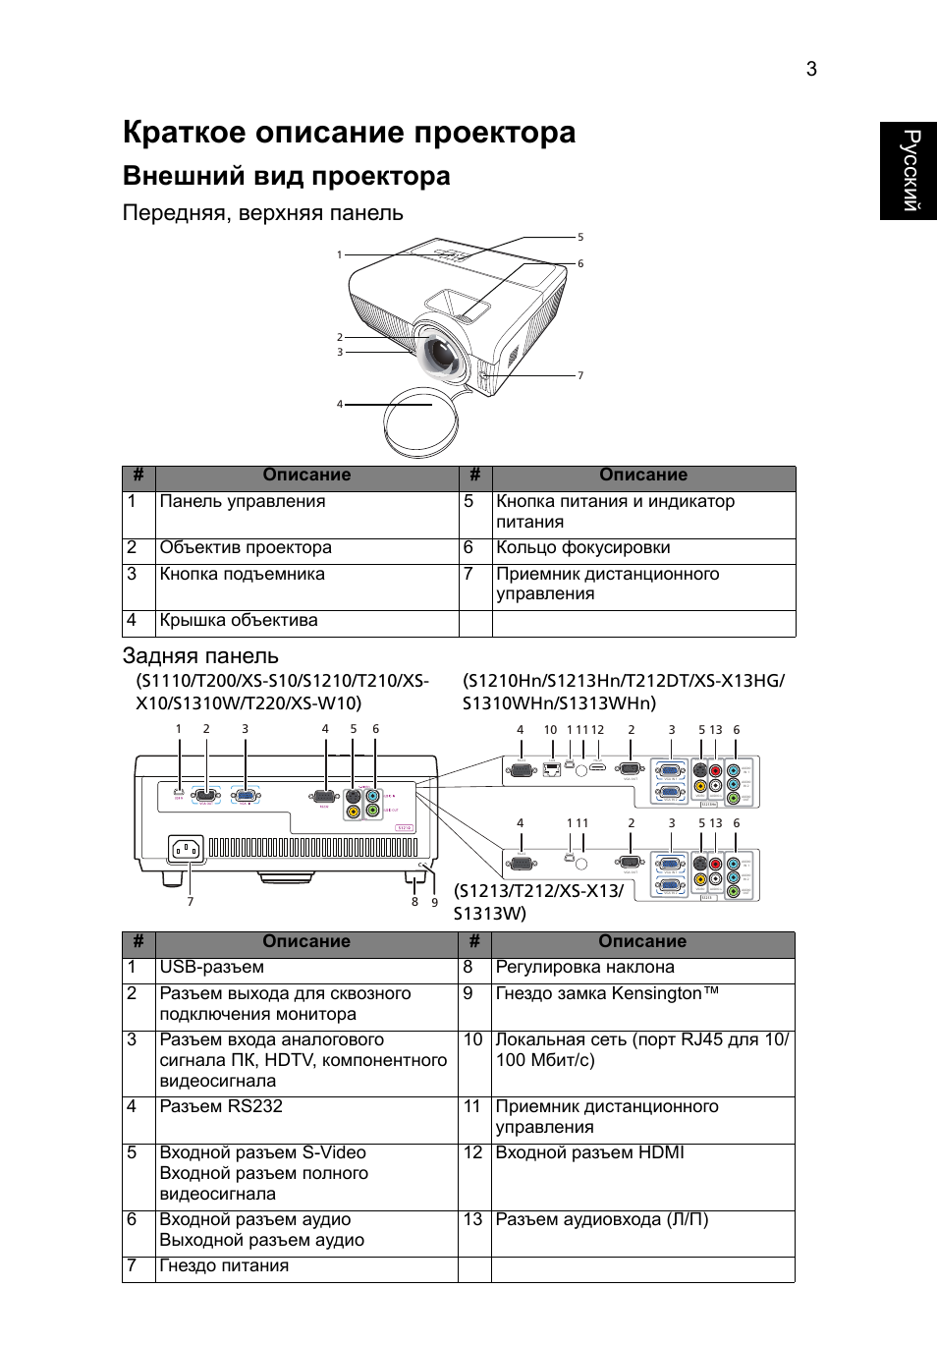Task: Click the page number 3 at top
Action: tap(811, 69)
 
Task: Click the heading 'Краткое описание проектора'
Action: tap(349, 133)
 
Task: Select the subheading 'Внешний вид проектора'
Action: tap(286, 177)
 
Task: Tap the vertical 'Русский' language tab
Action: tap(909, 171)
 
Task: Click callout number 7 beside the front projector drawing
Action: tap(580, 375)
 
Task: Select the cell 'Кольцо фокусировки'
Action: tap(582, 548)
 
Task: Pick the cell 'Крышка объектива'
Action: tap(239, 621)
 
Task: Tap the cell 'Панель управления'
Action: tap(243, 502)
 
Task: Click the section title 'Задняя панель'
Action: tap(200, 656)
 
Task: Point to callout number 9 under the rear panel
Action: tap(434, 902)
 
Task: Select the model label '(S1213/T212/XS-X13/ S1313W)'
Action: tap(538, 902)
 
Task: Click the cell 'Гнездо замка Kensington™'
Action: tap(607, 994)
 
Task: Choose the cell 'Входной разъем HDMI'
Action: tap(589, 1153)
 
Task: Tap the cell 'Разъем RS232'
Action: tap(221, 1107)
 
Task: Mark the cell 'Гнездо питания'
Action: tap(224, 1266)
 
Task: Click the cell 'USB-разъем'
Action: tap(212, 968)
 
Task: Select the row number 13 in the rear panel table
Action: tap(473, 1220)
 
